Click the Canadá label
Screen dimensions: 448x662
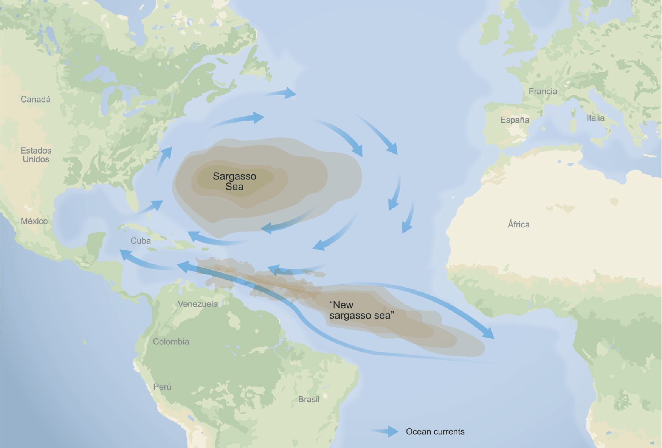[36, 100]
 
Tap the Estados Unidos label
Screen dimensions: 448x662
[36, 155]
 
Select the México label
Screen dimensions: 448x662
[34, 221]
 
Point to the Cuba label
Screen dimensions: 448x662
[141, 241]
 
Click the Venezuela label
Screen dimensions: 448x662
[198, 304]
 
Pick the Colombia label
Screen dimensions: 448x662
[171, 342]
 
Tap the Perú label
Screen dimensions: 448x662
[162, 387]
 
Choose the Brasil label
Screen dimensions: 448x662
[309, 400]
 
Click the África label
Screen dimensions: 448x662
[518, 225]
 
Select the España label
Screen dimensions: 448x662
[515, 120]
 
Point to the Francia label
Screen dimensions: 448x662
[543, 92]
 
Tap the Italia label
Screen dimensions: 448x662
[595, 118]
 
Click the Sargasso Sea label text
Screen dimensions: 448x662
[234, 181]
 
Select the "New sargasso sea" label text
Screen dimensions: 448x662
[361, 310]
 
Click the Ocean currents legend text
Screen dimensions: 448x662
[435, 432]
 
